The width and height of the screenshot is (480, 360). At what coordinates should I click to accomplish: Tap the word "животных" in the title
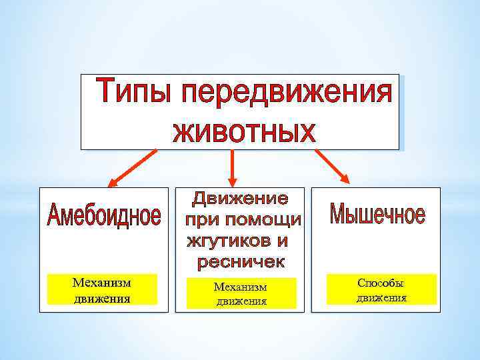(x=243, y=131)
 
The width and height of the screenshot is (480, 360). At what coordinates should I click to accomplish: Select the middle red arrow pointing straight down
(x=232, y=167)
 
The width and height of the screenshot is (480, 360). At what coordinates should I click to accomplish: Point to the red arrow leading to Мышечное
(x=331, y=165)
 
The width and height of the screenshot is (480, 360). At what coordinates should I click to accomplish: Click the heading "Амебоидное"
(x=104, y=217)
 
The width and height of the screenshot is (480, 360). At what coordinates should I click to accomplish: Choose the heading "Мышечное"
(x=377, y=215)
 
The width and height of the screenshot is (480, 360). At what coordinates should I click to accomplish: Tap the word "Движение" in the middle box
(x=241, y=199)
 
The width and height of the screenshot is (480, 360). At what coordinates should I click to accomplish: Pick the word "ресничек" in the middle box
(x=241, y=262)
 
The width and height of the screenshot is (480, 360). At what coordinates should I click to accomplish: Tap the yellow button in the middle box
(x=240, y=293)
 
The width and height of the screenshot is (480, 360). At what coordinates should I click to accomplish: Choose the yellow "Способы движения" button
(x=381, y=289)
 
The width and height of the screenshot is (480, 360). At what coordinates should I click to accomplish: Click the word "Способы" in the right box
(x=381, y=283)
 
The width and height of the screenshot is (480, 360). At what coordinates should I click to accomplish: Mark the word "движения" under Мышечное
(x=381, y=297)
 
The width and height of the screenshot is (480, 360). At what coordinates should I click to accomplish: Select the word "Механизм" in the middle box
(x=240, y=287)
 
